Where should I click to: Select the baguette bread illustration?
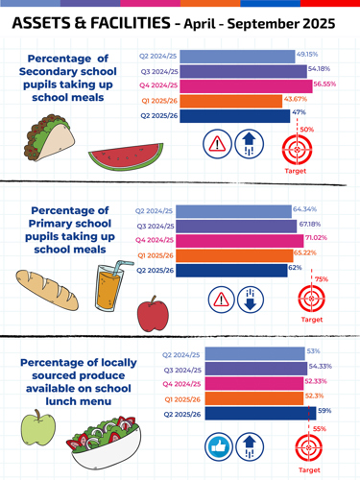(x=46, y=290)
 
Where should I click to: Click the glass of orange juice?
(x=108, y=287)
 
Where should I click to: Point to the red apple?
(x=152, y=313)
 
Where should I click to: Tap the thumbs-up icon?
(x=220, y=445)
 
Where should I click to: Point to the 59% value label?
(x=324, y=411)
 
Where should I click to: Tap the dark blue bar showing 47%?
(x=234, y=115)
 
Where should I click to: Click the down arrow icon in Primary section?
(x=251, y=299)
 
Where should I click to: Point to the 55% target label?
(x=320, y=428)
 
